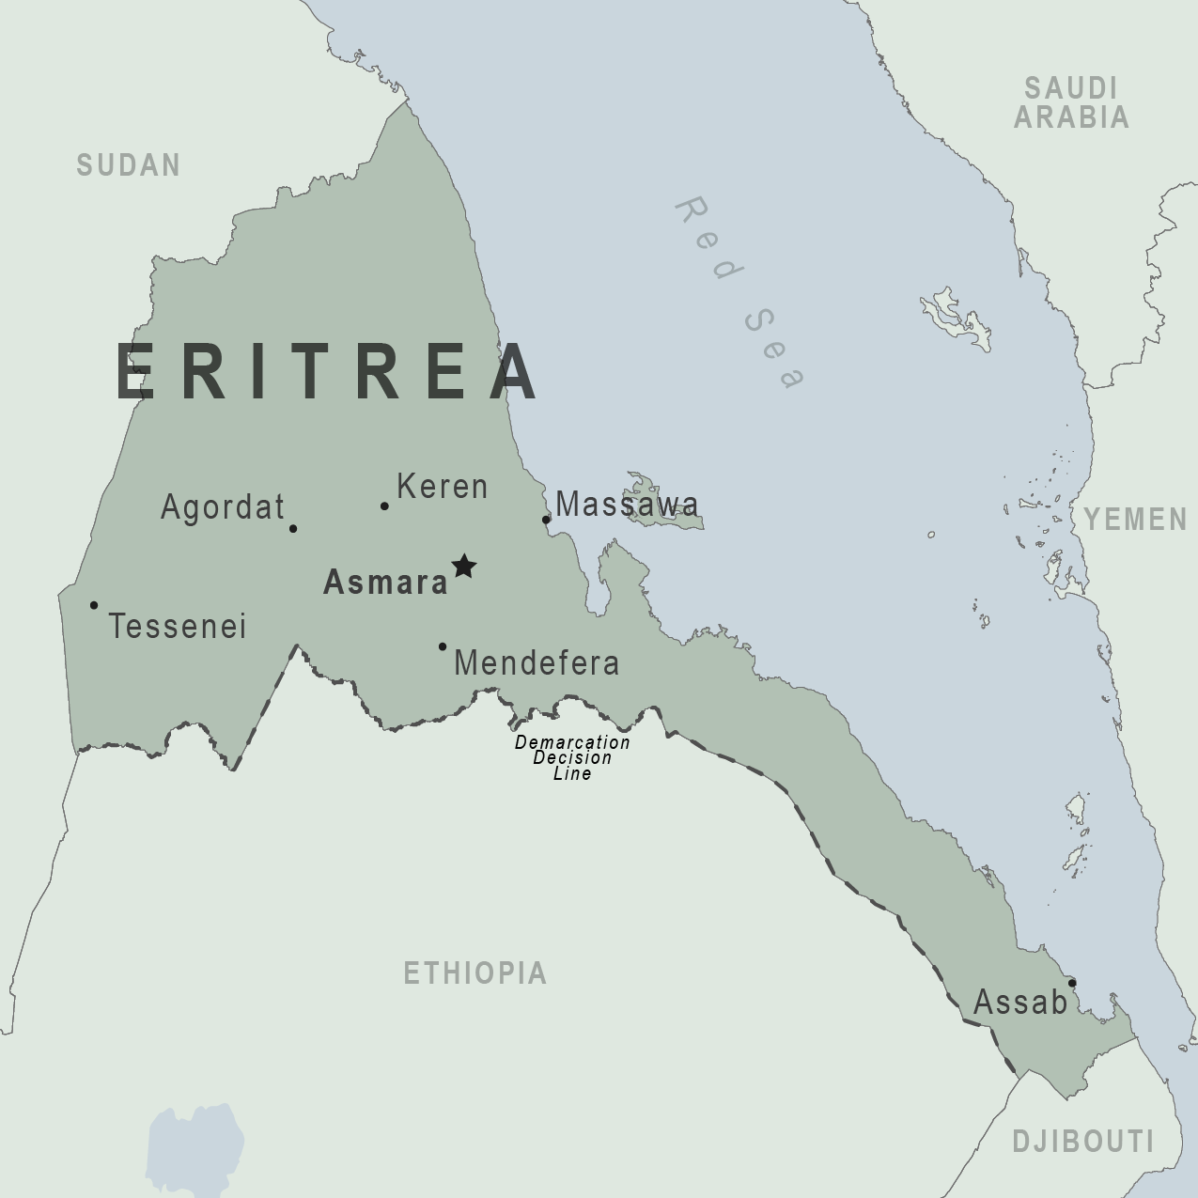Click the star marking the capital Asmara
[x=464, y=566]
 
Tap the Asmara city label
[x=385, y=583]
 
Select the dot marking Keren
[x=384, y=506]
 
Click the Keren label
[x=443, y=487]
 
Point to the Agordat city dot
[x=293, y=528]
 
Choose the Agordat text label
[x=223, y=507]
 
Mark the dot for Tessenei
[x=94, y=605]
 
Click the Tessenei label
[x=178, y=626]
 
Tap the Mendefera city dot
[x=443, y=646]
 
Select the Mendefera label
[x=537, y=663]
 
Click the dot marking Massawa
[x=546, y=519]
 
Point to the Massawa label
[x=627, y=505]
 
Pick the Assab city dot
[x=1072, y=983]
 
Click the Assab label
[x=1020, y=1003]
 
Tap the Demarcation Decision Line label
[x=572, y=757]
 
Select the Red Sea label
[x=740, y=292]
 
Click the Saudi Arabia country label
[x=1071, y=102]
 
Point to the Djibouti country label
[x=1082, y=1142]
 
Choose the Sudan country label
[x=128, y=165]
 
